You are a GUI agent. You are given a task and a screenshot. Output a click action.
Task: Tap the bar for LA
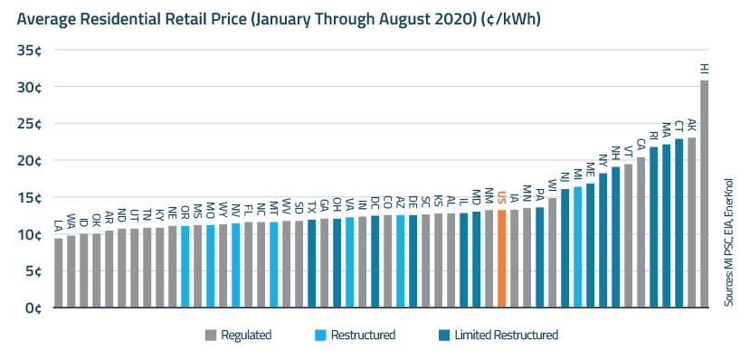click(59, 272)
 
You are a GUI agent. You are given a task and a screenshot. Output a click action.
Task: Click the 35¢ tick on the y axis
click(27, 51)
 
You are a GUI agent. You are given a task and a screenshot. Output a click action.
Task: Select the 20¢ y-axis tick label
click(27, 161)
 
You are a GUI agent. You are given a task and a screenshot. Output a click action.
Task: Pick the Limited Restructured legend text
click(507, 336)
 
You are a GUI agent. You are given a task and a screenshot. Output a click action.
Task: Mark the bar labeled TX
click(311, 263)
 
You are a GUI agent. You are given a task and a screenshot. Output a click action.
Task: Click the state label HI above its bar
click(704, 69)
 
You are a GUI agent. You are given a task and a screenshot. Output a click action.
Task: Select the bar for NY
click(603, 240)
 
